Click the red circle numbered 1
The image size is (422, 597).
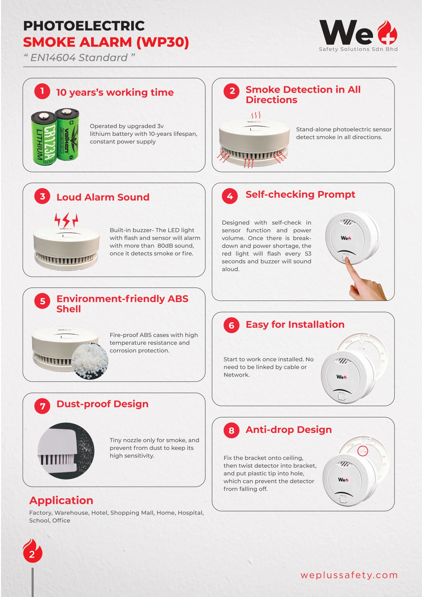click(x=42, y=91)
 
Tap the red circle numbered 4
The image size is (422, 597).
click(x=230, y=196)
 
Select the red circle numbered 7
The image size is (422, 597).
click(x=42, y=406)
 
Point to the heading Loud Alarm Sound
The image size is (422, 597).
click(x=103, y=197)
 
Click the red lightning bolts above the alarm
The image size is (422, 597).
click(x=66, y=220)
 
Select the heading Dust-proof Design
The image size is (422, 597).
click(x=102, y=404)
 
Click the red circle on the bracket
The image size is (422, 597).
click(x=363, y=451)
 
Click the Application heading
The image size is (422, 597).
click(x=61, y=500)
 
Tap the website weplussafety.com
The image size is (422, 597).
click(x=349, y=575)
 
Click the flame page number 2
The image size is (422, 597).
click(x=32, y=551)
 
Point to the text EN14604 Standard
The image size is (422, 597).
click(x=79, y=58)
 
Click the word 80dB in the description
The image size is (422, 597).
click(x=166, y=246)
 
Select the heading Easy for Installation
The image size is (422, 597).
click(x=295, y=324)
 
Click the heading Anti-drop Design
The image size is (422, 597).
click(x=288, y=430)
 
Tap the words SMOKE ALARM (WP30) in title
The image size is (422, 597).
click(x=106, y=42)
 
